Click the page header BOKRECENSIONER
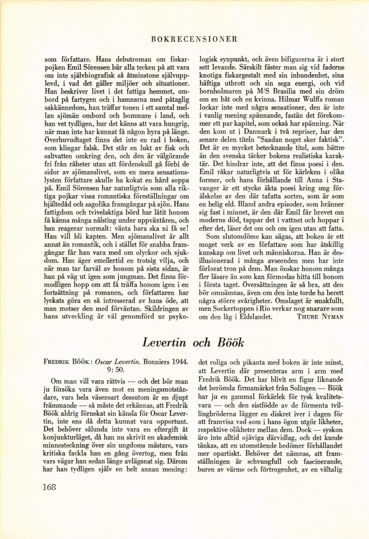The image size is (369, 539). [195, 39]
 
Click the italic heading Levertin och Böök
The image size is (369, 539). [194, 343]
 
